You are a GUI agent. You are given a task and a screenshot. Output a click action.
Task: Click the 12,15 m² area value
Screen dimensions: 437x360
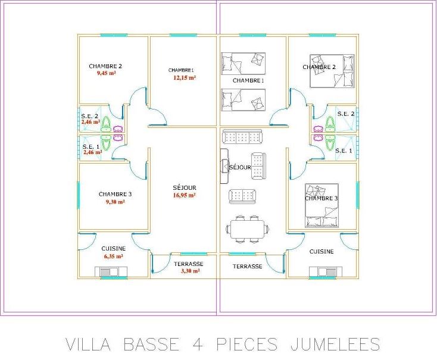coord(185,78)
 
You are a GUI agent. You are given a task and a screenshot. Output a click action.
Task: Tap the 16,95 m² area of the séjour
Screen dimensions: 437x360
coord(184,195)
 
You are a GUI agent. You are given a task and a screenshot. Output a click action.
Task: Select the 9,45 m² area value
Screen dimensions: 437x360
coord(106,73)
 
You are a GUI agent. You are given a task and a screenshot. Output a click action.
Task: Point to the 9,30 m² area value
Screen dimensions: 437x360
coord(115,202)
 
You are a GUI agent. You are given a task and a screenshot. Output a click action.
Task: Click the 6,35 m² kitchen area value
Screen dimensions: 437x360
coord(114,256)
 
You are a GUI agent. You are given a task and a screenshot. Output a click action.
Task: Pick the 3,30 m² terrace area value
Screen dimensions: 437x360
coord(191,271)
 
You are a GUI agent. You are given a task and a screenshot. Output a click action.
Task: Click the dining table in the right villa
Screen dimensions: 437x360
coord(248,229)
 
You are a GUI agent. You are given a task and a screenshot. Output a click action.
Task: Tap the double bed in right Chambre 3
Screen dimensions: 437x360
coord(322,205)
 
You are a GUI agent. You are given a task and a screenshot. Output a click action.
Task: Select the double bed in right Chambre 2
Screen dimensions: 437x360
coord(332,71)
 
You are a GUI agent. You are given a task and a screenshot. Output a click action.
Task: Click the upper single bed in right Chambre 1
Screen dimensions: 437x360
coord(244,64)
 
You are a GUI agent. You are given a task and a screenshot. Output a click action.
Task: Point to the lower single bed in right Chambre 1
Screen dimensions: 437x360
coord(244,100)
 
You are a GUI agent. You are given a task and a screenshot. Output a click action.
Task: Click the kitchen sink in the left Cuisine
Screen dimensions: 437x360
coord(111,272)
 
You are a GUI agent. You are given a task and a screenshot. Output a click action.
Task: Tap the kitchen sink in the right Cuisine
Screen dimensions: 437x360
coord(326,272)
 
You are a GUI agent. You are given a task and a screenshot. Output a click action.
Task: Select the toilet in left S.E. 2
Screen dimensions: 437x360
coord(105,124)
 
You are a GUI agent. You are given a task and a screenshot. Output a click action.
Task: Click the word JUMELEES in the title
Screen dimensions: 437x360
coord(335,345)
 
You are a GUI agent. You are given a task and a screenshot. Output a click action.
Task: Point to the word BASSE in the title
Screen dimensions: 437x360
coord(151,345)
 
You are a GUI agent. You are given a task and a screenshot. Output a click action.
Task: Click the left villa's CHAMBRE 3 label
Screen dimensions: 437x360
coord(115,194)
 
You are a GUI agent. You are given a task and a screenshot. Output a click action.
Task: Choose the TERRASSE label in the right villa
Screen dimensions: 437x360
coord(248,267)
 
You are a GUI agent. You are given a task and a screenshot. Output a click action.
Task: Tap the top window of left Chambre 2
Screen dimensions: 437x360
coord(114,35)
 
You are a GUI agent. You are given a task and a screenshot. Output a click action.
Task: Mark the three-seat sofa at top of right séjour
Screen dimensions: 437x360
coord(242,137)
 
